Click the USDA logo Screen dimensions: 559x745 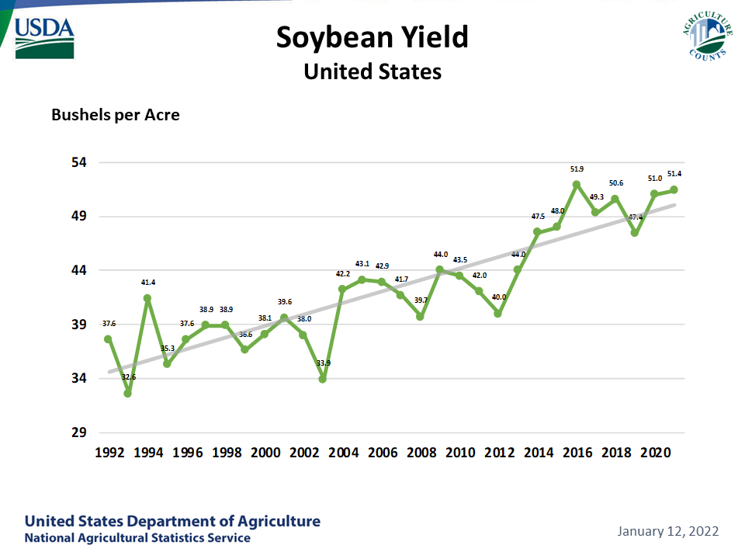click(44, 36)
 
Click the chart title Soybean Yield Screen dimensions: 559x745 click(372, 37)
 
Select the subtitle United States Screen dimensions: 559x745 click(372, 72)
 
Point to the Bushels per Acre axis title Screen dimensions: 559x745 click(116, 115)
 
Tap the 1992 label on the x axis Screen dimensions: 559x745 click(110, 453)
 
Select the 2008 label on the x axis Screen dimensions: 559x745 click(421, 453)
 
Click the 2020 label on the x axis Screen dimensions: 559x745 click(654, 453)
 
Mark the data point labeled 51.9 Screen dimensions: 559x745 click(577, 185)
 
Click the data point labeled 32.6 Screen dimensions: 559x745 click(127, 394)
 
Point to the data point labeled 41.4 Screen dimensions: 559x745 click(147, 298)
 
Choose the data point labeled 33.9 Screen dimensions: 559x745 click(323, 379)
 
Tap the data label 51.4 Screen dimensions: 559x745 click(674, 174)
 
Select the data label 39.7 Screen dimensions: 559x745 click(420, 300)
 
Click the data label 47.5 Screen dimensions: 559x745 click(537, 217)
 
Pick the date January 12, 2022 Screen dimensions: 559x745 click(668, 532)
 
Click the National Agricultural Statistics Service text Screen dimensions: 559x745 click(137, 538)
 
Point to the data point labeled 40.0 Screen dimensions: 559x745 click(498, 314)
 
